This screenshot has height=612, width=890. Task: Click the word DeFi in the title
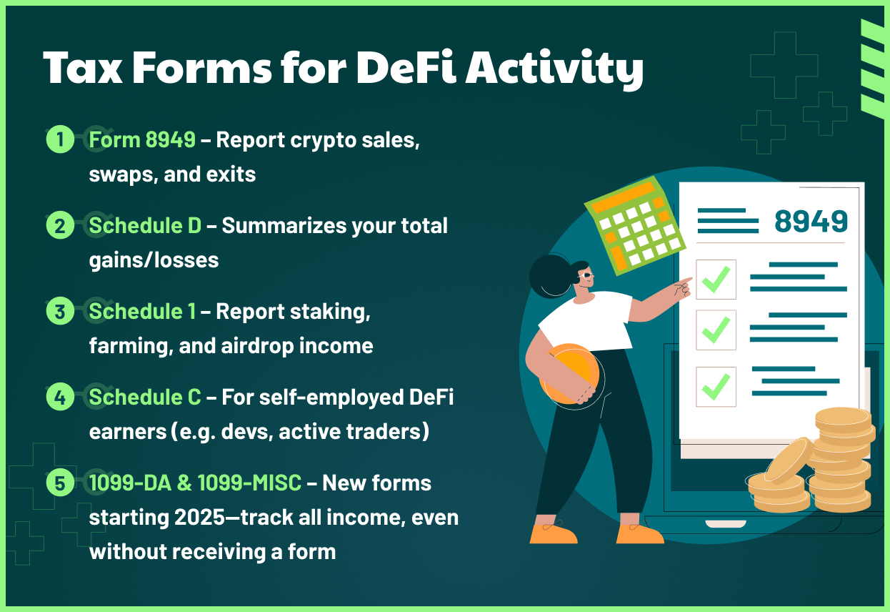(x=404, y=69)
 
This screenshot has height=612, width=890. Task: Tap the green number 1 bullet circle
(x=60, y=139)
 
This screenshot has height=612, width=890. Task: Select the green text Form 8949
(x=142, y=140)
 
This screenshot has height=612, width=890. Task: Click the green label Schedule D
(x=145, y=226)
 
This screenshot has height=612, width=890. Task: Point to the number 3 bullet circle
(x=60, y=312)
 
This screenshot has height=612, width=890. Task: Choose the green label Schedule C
(x=145, y=398)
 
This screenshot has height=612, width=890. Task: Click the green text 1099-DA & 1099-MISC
(x=195, y=483)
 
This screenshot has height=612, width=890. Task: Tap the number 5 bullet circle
(x=60, y=483)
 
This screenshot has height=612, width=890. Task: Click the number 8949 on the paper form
(x=811, y=222)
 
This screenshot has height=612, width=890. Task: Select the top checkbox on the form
(x=716, y=280)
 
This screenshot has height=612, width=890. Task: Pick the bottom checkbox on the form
(x=716, y=387)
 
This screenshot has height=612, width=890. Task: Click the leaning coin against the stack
(x=789, y=460)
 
